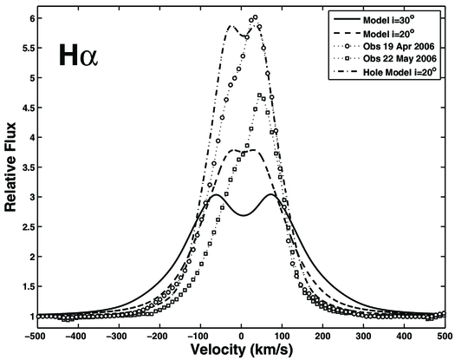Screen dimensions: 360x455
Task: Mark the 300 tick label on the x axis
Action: click(x=363, y=332)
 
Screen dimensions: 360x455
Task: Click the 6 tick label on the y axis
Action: click(x=31, y=18)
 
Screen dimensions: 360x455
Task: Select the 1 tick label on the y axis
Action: click(x=31, y=317)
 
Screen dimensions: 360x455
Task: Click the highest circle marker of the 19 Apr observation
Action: click(x=255, y=17)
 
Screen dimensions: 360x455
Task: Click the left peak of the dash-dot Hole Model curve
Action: click(x=231, y=26)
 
